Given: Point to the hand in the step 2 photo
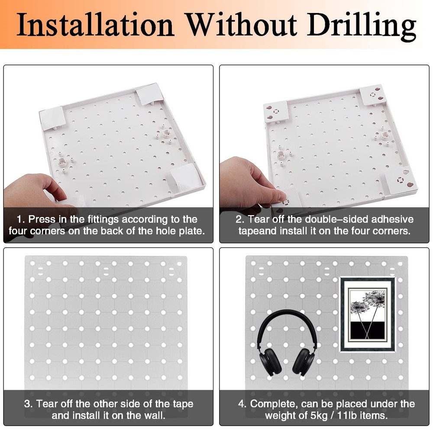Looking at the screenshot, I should [247, 182].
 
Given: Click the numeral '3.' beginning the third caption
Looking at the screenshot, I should [29, 404].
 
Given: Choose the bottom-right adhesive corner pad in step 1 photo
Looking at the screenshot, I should [184, 176].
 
